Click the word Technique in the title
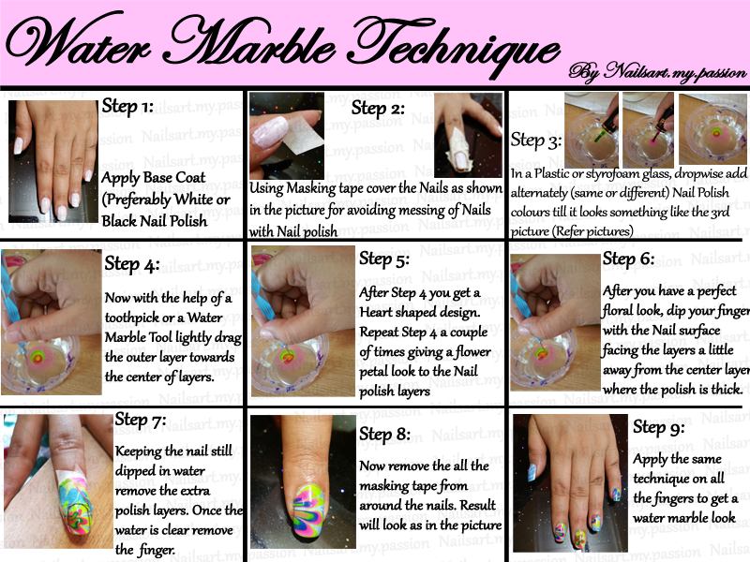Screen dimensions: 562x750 [452, 44]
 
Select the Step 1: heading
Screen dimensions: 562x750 [127, 107]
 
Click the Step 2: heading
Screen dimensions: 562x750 [378, 109]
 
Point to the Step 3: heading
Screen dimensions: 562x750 [536, 140]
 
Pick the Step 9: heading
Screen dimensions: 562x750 [660, 427]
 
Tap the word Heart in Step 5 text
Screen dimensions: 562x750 [379, 312]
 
